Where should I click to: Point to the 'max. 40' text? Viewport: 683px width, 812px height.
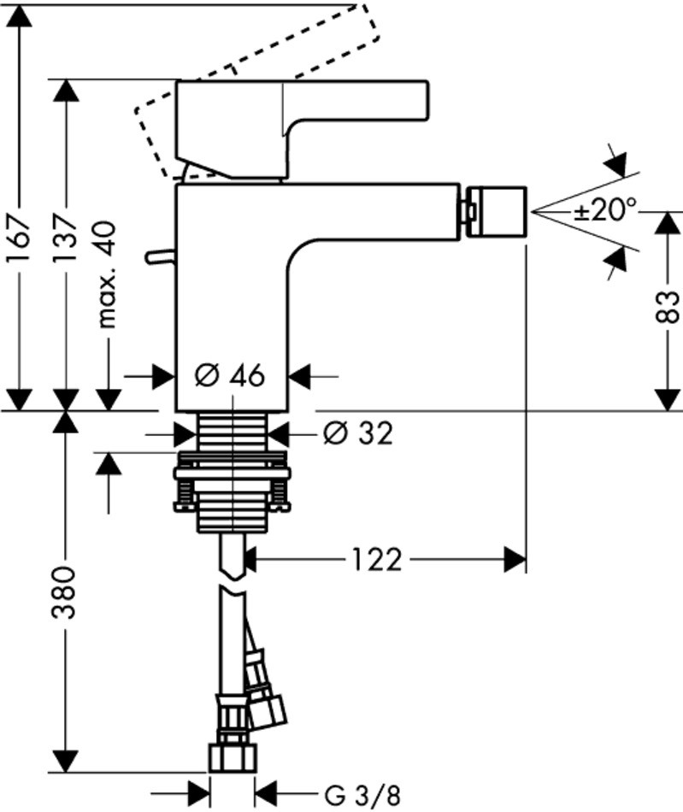(108, 273)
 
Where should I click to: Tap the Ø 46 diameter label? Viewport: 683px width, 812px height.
(229, 375)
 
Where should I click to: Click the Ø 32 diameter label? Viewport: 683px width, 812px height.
(356, 434)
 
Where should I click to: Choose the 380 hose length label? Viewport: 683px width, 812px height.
(68, 593)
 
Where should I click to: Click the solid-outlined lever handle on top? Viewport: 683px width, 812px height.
(299, 128)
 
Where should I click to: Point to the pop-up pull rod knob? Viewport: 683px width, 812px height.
(158, 256)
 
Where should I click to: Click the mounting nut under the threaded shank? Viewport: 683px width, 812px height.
(231, 483)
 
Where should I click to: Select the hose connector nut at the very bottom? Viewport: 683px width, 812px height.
(232, 757)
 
